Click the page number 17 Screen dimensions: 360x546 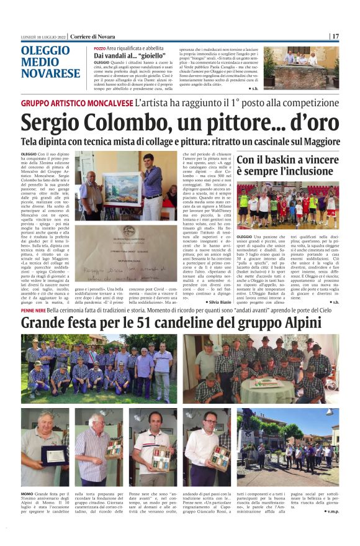[335, 36]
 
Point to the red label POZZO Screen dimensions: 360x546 [99, 48]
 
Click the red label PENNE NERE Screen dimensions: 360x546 [37, 310]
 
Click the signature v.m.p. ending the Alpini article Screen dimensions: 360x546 [331, 511]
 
